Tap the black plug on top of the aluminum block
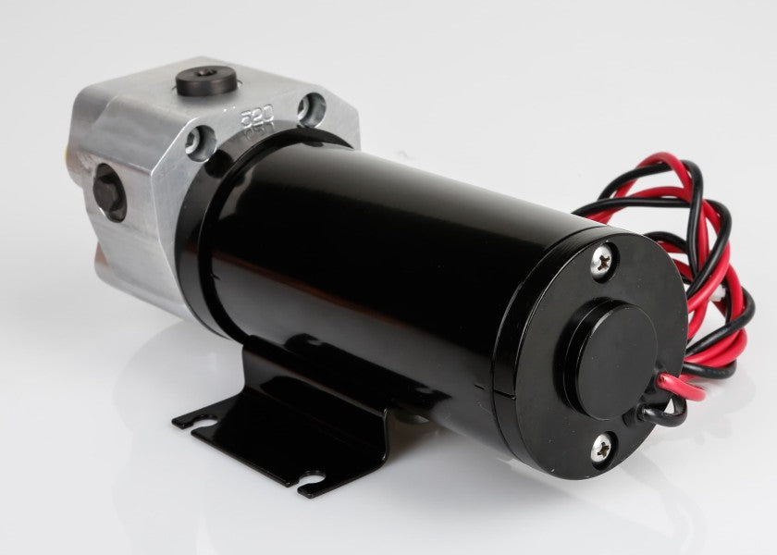click(x=202, y=78)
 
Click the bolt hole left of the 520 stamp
click(x=201, y=142)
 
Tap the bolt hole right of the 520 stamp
click(x=311, y=108)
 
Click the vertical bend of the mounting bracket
click(x=305, y=388)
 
